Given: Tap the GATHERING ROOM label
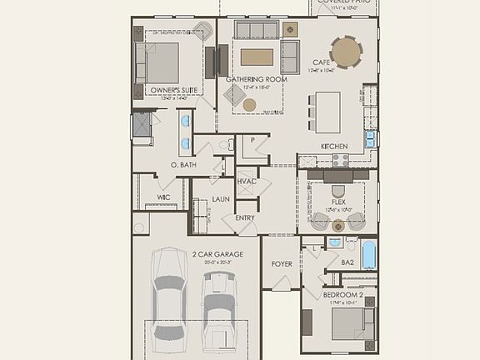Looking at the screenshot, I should pyautogui.click(x=257, y=79).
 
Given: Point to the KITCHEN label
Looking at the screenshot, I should pyautogui.click(x=334, y=146).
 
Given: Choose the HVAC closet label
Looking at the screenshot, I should pyautogui.click(x=246, y=181).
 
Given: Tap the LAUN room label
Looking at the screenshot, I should pyautogui.click(x=221, y=199).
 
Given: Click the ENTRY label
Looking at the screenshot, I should pyautogui.click(x=245, y=217).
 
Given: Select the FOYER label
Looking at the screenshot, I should pyautogui.click(x=282, y=264).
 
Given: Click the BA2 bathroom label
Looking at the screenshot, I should pyautogui.click(x=348, y=262).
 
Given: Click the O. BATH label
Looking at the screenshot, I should pyautogui.click(x=182, y=165).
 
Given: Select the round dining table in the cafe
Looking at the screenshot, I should pyautogui.click(x=347, y=52).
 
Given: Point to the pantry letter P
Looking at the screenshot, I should pyautogui.click(x=252, y=140).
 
